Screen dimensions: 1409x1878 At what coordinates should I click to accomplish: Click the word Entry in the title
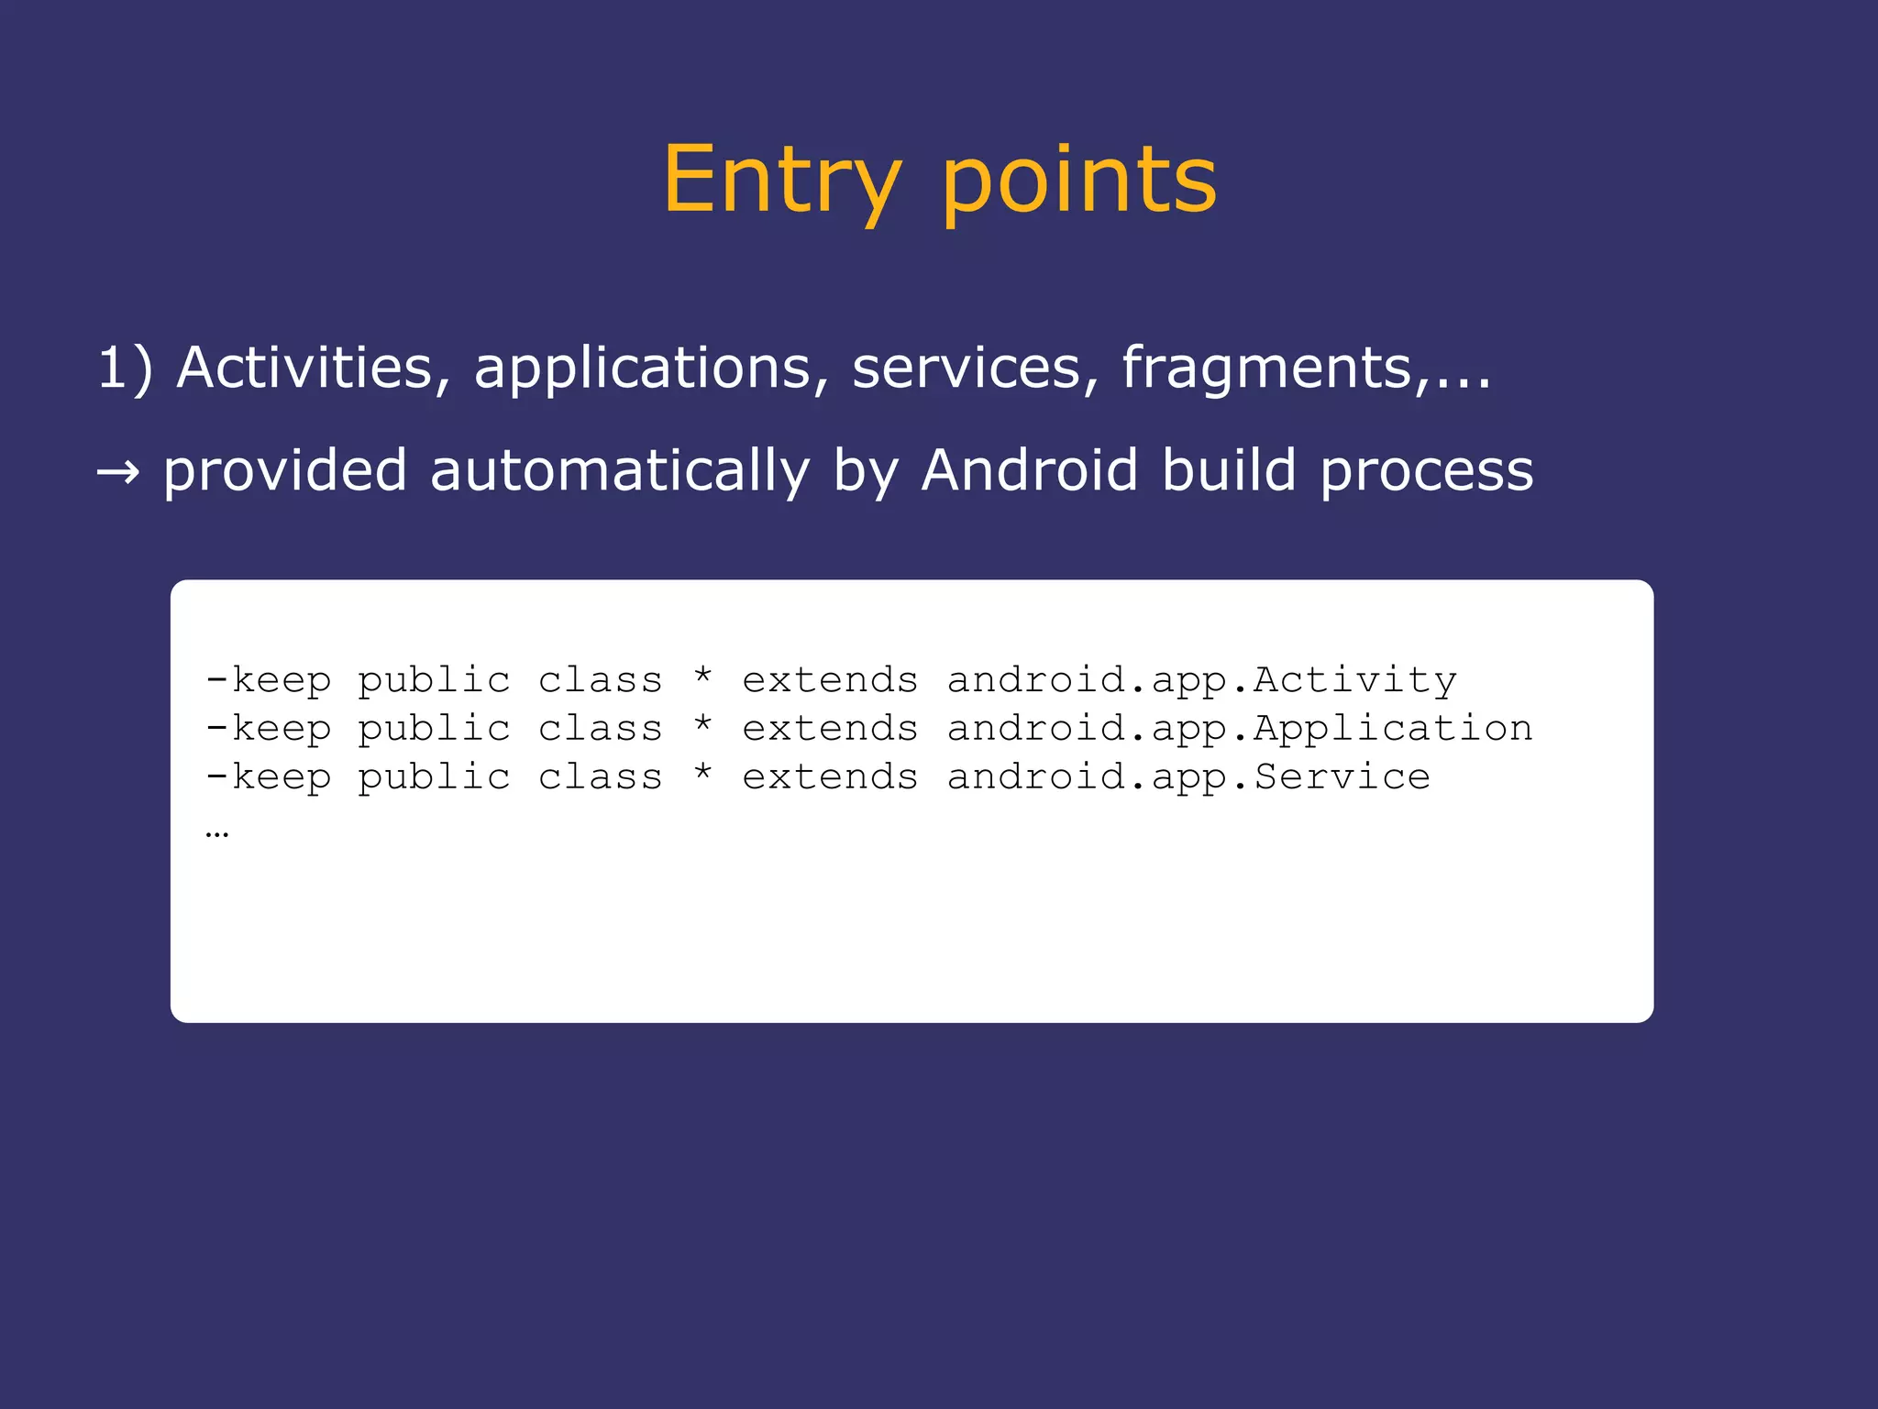pyautogui.click(x=781, y=181)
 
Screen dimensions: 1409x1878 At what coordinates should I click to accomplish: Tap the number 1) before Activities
pyautogui.click(x=125, y=369)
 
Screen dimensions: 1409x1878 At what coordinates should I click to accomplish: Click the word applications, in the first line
pyautogui.click(x=651, y=369)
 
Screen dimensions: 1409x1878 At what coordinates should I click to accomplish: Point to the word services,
pyautogui.click(x=975, y=369)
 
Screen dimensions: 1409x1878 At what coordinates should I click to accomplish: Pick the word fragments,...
pyautogui.click(x=1275, y=369)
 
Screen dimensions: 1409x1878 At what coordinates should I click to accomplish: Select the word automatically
pyautogui.click(x=619, y=471)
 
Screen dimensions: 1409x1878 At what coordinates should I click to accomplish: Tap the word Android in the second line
pyautogui.click(x=1029, y=471)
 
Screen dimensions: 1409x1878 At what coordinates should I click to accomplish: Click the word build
pyautogui.click(x=1229, y=471)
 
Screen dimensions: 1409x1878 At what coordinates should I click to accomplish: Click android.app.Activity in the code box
pyautogui.click(x=1201, y=680)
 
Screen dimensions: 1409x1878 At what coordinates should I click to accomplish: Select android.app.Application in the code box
pyautogui.click(x=1239, y=729)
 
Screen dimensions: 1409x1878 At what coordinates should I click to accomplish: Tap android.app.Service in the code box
pyautogui.click(x=1188, y=777)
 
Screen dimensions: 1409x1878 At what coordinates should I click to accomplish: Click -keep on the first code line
pyautogui.click(x=268, y=680)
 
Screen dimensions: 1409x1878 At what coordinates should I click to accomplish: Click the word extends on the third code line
pyautogui.click(x=830, y=777)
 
